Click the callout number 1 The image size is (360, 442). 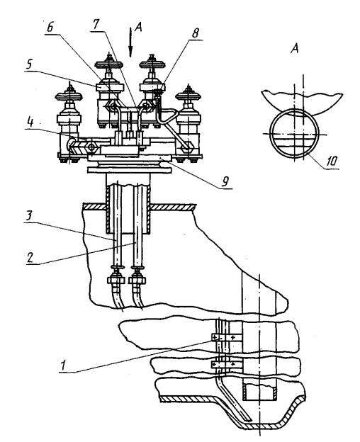click(62, 365)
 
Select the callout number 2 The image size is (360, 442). click(30, 257)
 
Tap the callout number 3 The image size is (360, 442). click(30, 216)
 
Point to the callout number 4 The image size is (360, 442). click(30, 123)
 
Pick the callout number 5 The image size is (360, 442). click(29, 64)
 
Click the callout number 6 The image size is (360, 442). click(50, 28)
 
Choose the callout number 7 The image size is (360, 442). click(96, 24)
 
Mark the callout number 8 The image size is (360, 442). click(195, 33)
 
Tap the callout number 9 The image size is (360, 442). click(225, 181)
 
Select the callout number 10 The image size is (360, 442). click(332, 161)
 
